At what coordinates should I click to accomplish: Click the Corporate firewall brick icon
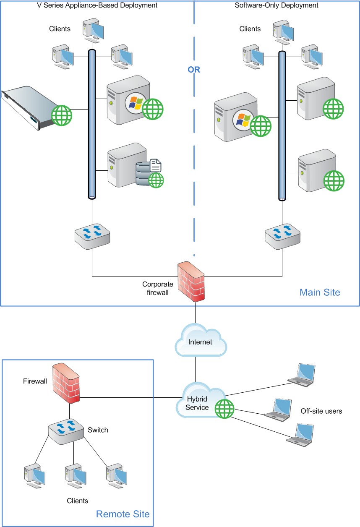tap(191, 281)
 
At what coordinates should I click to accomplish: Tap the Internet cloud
tap(201, 342)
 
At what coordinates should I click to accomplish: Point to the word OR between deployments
tap(194, 70)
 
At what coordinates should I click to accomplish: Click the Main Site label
tap(320, 292)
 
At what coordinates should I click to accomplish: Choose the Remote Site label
tap(123, 514)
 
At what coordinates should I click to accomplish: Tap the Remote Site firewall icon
tap(66, 383)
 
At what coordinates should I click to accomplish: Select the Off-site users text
tap(321, 411)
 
